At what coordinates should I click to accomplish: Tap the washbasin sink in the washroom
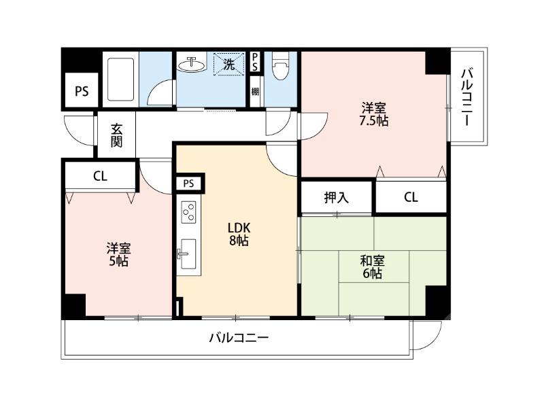pos(191,66)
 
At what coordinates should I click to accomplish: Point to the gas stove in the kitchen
pos(188,213)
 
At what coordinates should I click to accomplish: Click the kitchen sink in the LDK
pos(188,251)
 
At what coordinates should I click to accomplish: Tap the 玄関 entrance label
pos(117,135)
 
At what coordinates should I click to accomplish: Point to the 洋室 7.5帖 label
pos(374,114)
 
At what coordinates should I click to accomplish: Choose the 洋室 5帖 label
pos(117,254)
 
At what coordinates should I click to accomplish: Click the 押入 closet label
pos(336,198)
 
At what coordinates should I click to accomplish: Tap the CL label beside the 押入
pos(411,198)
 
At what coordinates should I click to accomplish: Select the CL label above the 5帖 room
pos(100,177)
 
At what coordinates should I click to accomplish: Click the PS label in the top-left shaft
pos(81,92)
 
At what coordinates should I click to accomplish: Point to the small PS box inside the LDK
pos(188,183)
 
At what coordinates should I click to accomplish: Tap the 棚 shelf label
pos(254,91)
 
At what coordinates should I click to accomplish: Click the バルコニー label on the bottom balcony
pos(239,337)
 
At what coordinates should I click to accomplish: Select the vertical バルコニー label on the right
pos(467,97)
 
